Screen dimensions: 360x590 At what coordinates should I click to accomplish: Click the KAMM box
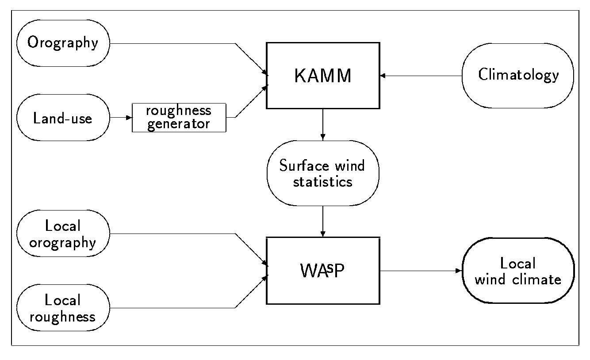pos(323,76)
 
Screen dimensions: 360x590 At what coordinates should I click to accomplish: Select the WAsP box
pos(323,271)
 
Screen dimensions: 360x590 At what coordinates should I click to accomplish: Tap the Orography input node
pos(63,43)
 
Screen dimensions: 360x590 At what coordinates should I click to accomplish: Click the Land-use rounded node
pos(63,118)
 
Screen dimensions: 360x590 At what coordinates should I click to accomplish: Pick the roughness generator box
pos(179,118)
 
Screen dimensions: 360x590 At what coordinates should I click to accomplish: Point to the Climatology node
pos(518,76)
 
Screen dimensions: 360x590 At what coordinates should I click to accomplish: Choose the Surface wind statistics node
pos(323,173)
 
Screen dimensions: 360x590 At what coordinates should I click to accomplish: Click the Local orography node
pos(63,234)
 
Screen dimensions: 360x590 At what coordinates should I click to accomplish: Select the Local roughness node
pos(63,308)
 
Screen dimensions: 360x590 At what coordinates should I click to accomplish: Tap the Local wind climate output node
pos(518,271)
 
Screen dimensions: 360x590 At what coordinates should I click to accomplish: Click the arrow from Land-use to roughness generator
pos(121,118)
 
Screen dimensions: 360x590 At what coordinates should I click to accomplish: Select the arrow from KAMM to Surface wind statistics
pos(323,124)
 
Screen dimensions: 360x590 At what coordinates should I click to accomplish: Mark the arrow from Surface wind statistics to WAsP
pos(323,221)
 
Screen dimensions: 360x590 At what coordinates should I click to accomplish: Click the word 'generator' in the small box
pos(179,124)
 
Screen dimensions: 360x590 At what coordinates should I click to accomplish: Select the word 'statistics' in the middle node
pos(322,181)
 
